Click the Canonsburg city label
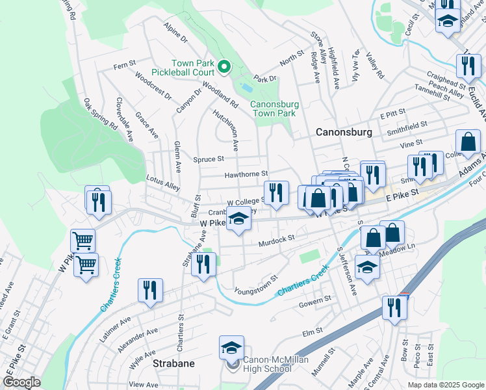click(343, 132)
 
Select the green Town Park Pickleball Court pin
click(224, 66)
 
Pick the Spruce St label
click(209, 158)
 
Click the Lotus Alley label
click(163, 185)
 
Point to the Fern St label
click(123, 64)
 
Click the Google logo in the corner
click(21, 382)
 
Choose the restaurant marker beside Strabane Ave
click(204, 263)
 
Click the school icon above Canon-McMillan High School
click(231, 348)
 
